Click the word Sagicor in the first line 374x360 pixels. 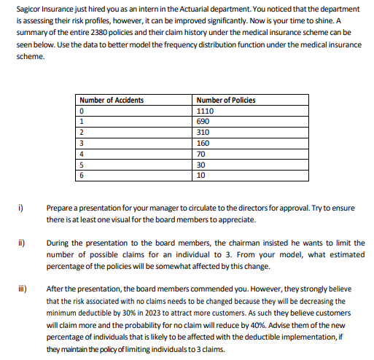tap(27, 7)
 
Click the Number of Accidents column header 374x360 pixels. tap(111, 100)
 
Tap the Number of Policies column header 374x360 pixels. tap(226, 100)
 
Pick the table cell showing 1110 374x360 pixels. tap(206, 111)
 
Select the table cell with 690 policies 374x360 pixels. tap(203, 122)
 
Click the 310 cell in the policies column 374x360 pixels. tap(203, 133)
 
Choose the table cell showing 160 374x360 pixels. tap(203, 144)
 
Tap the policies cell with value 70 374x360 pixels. tap(202, 154)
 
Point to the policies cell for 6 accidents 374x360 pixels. tap(202, 176)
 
